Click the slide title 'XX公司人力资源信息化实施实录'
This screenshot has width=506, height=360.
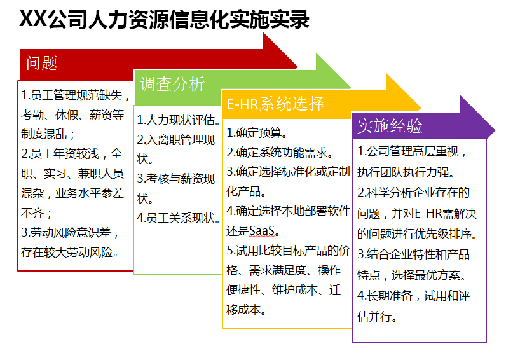pos(164,19)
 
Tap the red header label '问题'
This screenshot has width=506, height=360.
pos(41,62)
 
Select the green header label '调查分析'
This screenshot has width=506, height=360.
pos(172,84)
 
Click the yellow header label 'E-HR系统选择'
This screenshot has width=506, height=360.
pos(275,104)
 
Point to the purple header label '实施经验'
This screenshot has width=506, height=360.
pos(390,125)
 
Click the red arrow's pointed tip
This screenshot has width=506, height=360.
pos(297,67)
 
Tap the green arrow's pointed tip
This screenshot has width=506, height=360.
pos(351,87)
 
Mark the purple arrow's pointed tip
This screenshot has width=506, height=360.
pos(495,130)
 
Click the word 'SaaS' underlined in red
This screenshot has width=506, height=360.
pos(262,230)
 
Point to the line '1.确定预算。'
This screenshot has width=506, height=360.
pos(257,132)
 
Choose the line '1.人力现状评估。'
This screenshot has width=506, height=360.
pos(179,120)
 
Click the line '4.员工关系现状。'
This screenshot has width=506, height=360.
pos(179,218)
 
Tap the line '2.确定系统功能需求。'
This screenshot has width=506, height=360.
pos(280,152)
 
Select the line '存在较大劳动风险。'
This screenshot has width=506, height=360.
pos(70,252)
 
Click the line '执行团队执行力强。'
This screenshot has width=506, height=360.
pos(406,172)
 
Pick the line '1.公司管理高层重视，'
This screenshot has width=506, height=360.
pos(411,151)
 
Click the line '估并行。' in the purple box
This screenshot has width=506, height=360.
pos(377,316)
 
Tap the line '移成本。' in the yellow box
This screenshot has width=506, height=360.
pos(246,309)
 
